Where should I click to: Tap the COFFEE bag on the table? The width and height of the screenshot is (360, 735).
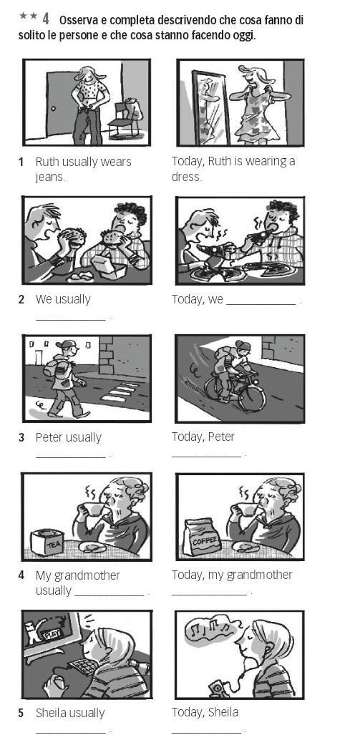click(202, 537)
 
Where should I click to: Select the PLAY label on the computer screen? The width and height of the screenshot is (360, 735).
click(49, 635)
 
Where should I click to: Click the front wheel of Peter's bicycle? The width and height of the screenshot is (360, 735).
click(252, 398)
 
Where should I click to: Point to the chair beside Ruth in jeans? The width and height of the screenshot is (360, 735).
click(125, 119)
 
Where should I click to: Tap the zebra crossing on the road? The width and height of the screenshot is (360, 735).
click(121, 392)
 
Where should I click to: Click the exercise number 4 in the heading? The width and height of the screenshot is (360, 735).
click(46, 19)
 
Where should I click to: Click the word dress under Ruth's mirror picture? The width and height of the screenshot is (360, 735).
click(186, 177)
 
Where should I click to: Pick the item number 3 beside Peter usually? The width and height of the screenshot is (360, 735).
click(21, 438)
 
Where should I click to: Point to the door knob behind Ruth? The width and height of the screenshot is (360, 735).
click(54, 109)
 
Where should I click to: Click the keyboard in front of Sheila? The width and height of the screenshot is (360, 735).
click(84, 665)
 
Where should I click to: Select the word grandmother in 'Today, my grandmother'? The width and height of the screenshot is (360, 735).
click(259, 575)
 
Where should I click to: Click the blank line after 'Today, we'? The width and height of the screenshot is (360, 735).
click(261, 304)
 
